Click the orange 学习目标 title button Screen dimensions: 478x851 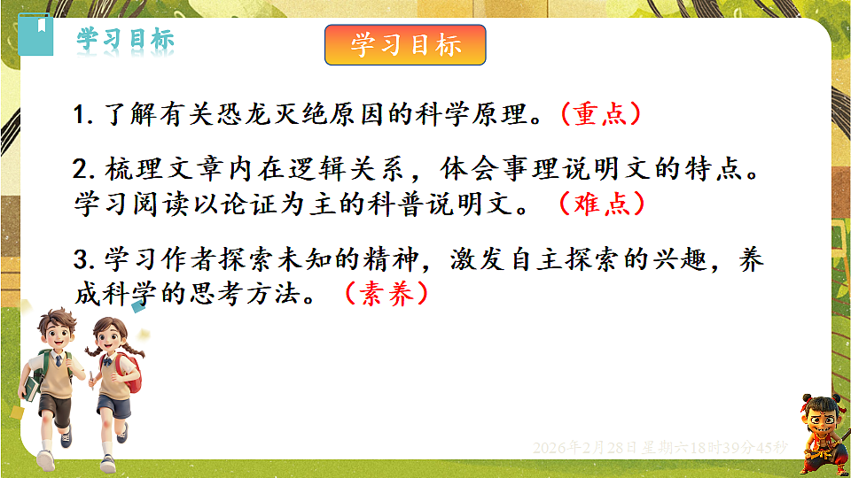pyautogui.click(x=405, y=44)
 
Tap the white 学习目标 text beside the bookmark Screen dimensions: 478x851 pyautogui.click(x=125, y=39)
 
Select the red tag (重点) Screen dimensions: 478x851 pyautogui.click(x=600, y=115)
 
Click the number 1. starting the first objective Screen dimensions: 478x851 pyautogui.click(x=85, y=116)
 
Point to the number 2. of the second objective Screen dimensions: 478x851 pyautogui.click(x=86, y=170)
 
